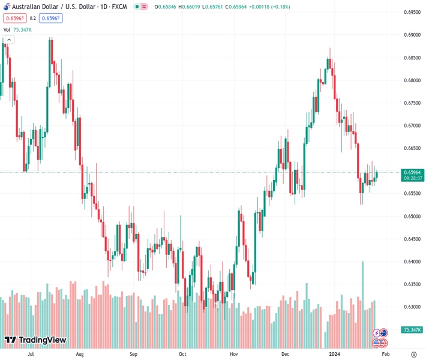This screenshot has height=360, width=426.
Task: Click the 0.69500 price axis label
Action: (411, 13)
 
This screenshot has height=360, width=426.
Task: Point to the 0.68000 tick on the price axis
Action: (411, 80)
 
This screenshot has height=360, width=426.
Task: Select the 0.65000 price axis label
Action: (411, 217)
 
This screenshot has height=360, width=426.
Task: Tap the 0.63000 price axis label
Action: (411, 307)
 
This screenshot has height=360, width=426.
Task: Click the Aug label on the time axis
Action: (79, 355)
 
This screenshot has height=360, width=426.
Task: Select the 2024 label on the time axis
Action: (334, 355)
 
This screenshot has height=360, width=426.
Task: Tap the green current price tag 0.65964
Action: (413, 172)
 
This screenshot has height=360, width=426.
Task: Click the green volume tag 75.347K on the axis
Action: (412, 330)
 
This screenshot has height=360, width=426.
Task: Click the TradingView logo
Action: (35, 340)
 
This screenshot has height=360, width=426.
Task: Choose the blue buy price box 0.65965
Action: (51, 18)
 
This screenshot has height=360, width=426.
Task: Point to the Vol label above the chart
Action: (7, 29)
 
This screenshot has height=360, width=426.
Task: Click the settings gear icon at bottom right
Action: (413, 355)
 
